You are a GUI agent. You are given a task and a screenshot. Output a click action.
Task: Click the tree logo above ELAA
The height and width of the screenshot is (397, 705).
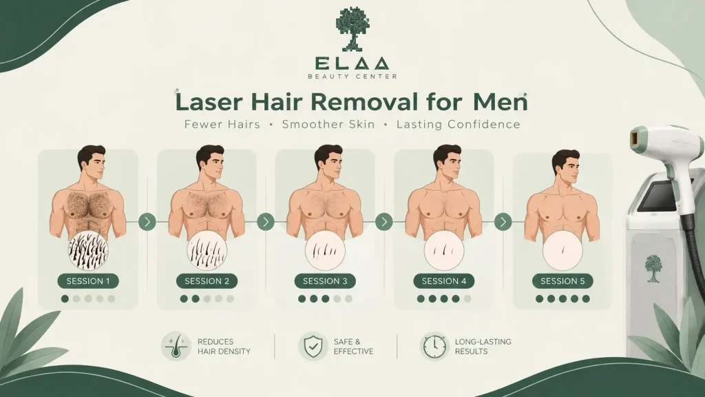click(352, 28)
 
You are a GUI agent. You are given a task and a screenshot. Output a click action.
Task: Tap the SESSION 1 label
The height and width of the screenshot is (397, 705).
click(88, 281)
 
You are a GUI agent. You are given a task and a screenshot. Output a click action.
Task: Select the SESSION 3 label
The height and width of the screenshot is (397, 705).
click(325, 281)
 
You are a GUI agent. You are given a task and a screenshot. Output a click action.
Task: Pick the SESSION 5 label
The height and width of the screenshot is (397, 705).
click(562, 281)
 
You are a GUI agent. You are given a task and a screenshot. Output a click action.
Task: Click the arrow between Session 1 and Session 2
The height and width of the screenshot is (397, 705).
click(147, 221)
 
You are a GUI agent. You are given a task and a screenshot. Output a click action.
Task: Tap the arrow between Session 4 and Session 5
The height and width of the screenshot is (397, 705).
click(503, 221)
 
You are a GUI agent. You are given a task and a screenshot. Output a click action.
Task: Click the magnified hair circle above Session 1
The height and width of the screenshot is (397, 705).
click(88, 251)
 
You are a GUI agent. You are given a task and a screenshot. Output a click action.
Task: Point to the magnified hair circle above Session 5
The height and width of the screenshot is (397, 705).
click(562, 251)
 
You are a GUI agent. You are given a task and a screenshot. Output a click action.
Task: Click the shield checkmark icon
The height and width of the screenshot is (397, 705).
click(313, 346)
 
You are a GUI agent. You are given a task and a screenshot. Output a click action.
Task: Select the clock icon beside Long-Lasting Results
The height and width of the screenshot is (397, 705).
click(434, 347)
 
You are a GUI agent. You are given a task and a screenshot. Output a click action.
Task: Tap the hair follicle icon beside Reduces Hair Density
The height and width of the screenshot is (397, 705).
click(176, 346)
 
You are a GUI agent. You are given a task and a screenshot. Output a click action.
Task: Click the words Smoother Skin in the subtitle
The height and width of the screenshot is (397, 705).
click(328, 124)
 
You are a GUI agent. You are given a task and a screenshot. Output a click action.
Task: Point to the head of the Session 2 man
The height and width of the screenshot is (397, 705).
click(211, 162)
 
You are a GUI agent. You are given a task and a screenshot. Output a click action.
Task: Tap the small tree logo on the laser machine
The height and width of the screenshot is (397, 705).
click(653, 268)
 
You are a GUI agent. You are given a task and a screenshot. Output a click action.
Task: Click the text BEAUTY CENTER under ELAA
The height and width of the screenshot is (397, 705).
click(352, 76)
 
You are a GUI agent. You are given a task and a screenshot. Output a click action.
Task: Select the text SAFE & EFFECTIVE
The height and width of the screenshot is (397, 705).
click(353, 347)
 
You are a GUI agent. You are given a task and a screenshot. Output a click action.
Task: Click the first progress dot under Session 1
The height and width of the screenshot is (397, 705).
click(65, 299)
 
